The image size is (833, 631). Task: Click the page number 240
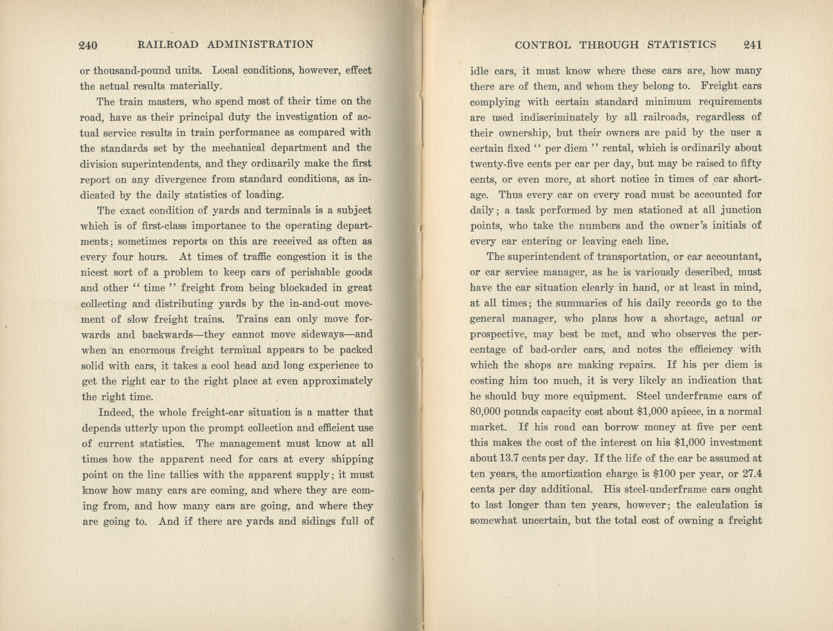point(88,45)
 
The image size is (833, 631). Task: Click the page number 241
point(752,45)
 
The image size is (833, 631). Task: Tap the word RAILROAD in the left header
point(168,45)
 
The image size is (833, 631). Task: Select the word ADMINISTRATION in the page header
point(260,45)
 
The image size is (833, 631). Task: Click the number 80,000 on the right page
point(486,412)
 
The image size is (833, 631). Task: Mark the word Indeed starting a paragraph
point(115,412)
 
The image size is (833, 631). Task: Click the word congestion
point(300,257)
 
